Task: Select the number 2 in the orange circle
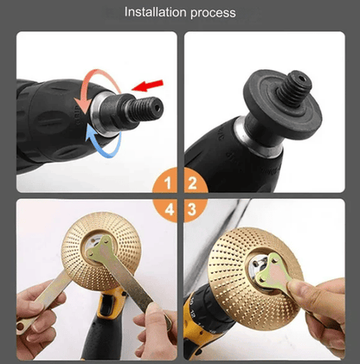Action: point(192,183)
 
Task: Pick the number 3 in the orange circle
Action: point(192,209)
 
